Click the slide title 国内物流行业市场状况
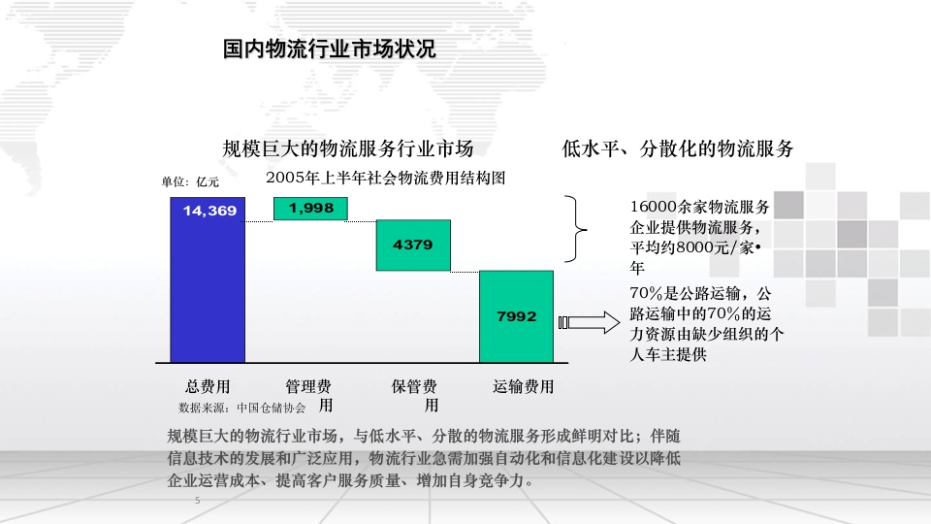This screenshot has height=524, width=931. pyautogui.click(x=330, y=49)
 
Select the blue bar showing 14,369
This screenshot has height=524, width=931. pyautogui.click(x=208, y=279)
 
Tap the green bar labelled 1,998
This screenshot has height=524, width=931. pyautogui.click(x=310, y=209)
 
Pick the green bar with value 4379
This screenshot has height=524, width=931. pyautogui.click(x=413, y=246)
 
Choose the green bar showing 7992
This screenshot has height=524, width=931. pyautogui.click(x=517, y=316)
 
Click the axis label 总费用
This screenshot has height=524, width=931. pyautogui.click(x=208, y=387)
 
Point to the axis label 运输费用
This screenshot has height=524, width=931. pyautogui.click(x=523, y=387)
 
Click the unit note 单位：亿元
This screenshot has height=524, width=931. pyautogui.click(x=190, y=181)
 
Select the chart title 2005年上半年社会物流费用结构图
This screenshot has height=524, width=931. pyautogui.click(x=385, y=178)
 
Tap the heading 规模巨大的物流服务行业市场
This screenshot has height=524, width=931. pyautogui.click(x=348, y=148)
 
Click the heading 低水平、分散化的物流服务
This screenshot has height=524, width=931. pyautogui.click(x=678, y=148)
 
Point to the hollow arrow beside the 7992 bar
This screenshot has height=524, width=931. pyautogui.click(x=589, y=322)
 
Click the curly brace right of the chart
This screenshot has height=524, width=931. pyautogui.click(x=575, y=229)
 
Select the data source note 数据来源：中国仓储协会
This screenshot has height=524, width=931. pyautogui.click(x=242, y=408)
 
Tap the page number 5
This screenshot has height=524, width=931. pyautogui.click(x=198, y=501)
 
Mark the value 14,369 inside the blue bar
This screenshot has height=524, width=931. pyautogui.click(x=209, y=211)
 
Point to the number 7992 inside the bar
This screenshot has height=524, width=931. pyautogui.click(x=517, y=316)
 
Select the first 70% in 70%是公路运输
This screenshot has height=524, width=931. pyautogui.click(x=646, y=293)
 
